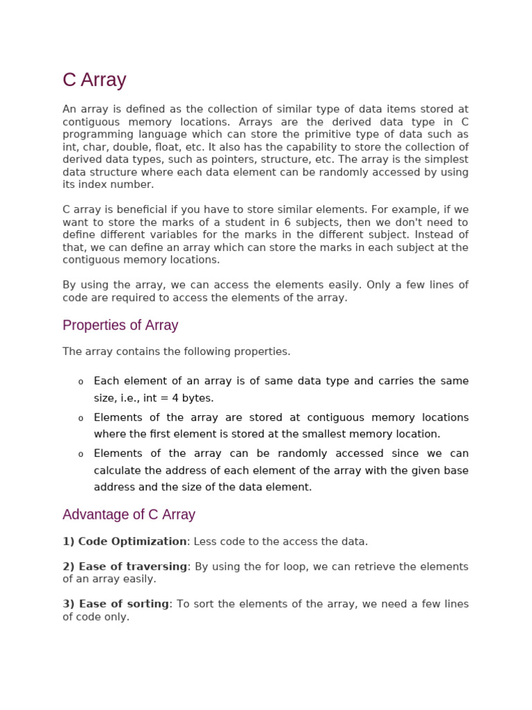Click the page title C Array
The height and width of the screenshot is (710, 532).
pyautogui.click(x=94, y=80)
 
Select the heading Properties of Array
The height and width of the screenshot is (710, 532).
pyautogui.click(x=120, y=325)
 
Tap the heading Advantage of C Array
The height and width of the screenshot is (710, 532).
pyautogui.click(x=129, y=514)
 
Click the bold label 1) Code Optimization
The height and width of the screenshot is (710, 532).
pyautogui.click(x=125, y=542)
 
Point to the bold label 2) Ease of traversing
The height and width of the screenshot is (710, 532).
pyautogui.click(x=125, y=566)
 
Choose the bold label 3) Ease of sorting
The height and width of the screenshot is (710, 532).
pyautogui.click(x=116, y=604)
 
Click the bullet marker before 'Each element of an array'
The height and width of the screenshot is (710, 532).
pyautogui.click(x=80, y=382)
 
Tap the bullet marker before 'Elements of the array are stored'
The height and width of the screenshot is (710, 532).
pyautogui.click(x=80, y=418)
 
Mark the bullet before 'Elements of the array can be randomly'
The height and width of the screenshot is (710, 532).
pyautogui.click(x=80, y=454)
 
